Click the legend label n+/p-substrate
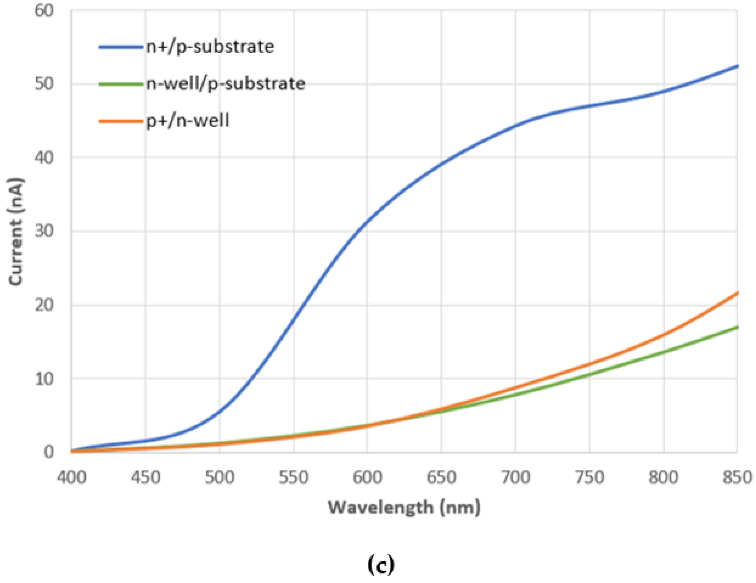[210, 47]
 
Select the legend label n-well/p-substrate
[225, 84]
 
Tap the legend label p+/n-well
[188, 121]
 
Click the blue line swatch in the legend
[121, 47]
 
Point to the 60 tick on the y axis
[45, 10]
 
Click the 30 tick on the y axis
[45, 231]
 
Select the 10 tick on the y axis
[45, 378]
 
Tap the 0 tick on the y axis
[49, 452]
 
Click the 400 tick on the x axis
[71, 478]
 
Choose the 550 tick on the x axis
[294, 478]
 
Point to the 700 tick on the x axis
[515, 478]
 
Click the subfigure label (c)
[380, 565]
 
